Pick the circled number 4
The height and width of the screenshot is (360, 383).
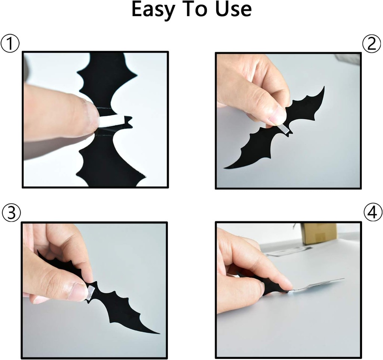pos(373,213)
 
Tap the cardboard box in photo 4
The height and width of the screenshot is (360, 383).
pos(319,234)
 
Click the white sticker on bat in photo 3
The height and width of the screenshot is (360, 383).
pos(91,292)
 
